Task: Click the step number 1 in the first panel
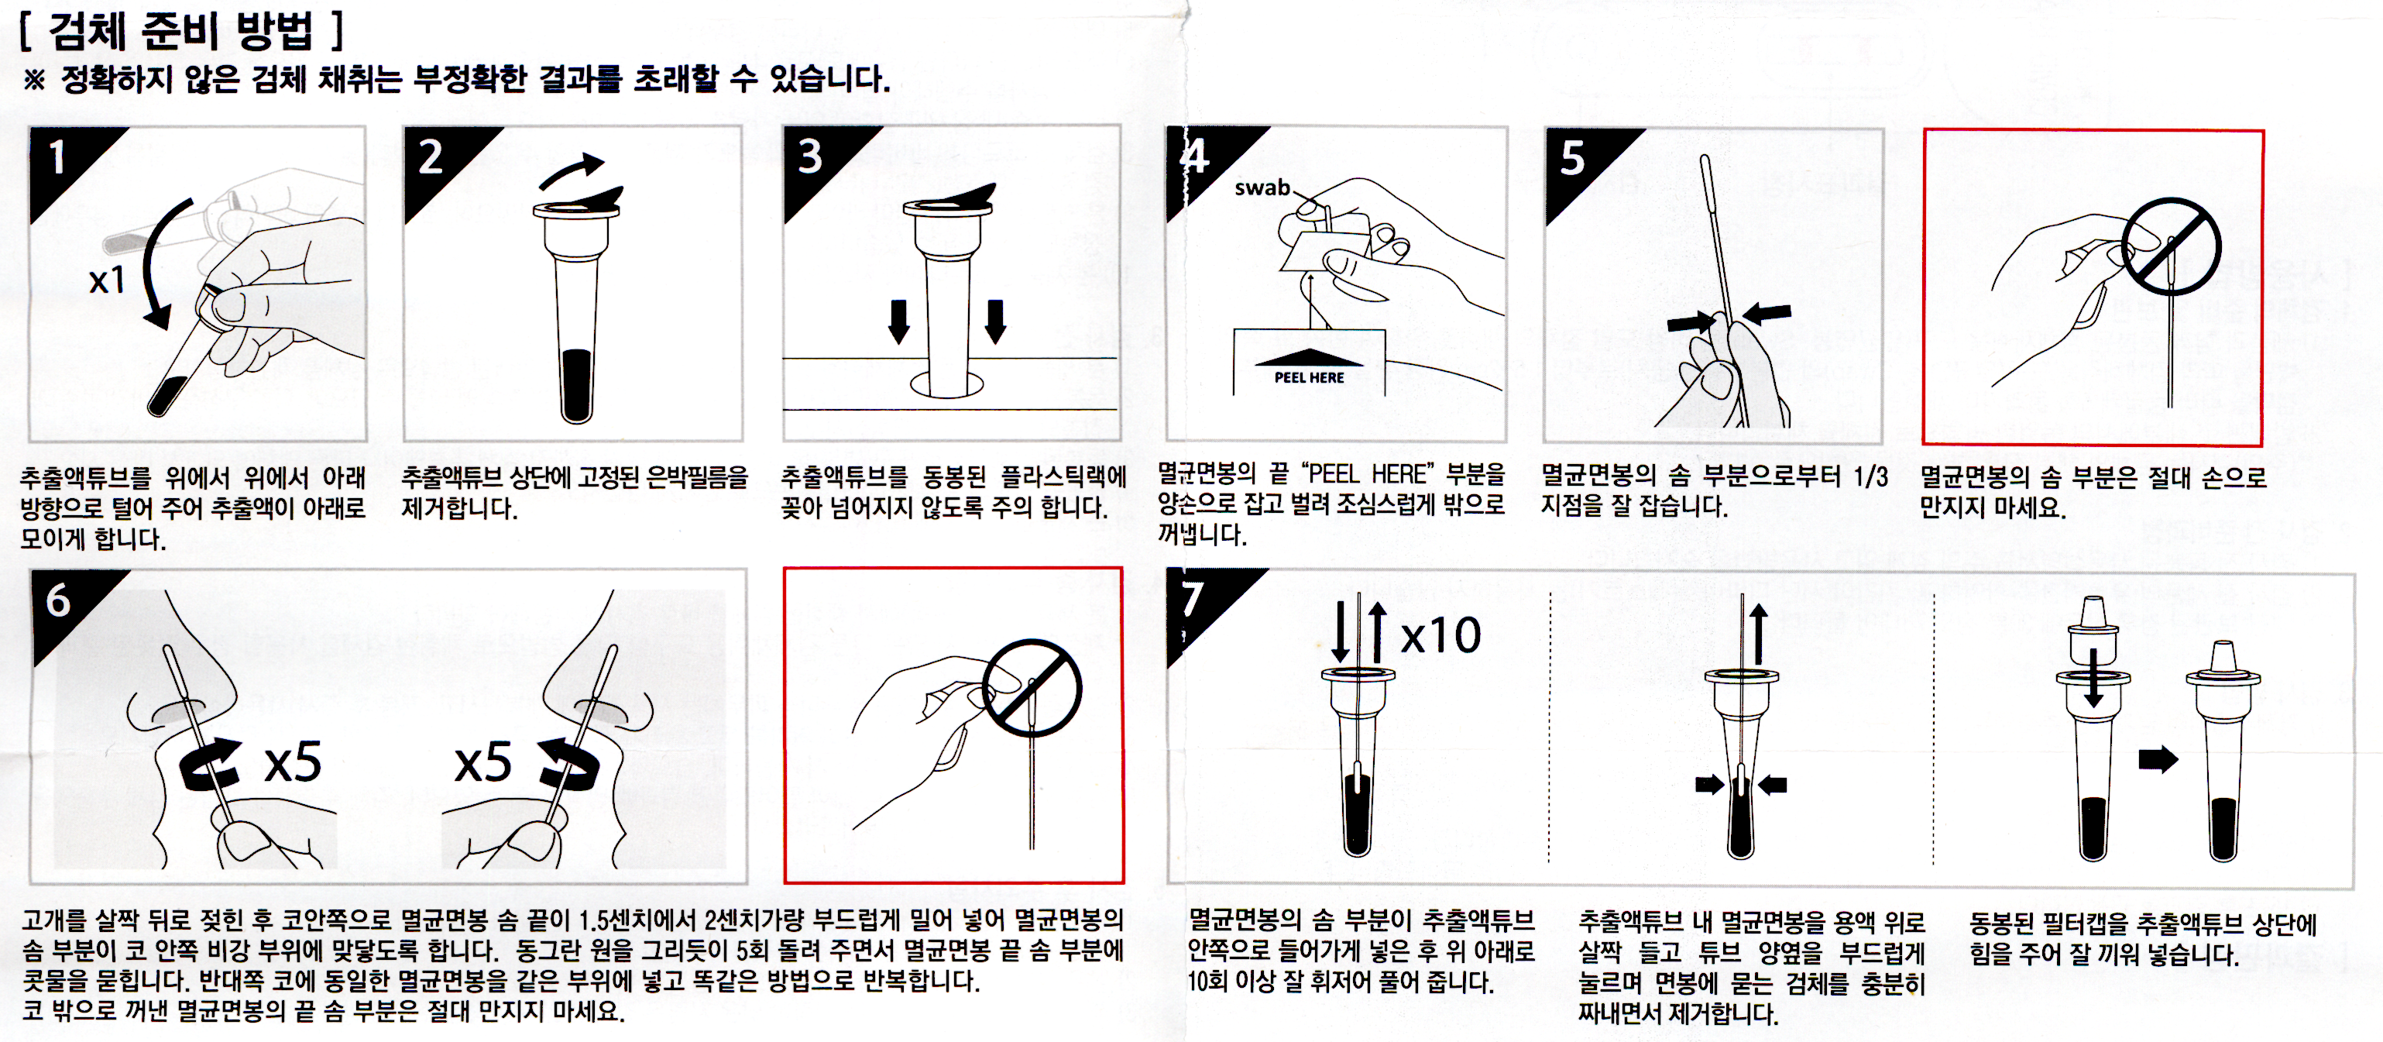(x=57, y=157)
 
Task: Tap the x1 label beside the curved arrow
(x=108, y=280)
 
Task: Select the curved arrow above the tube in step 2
(x=572, y=170)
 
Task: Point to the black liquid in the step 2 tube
(x=576, y=385)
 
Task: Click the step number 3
(x=810, y=157)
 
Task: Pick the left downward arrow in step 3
(x=898, y=321)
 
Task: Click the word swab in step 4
(x=1262, y=187)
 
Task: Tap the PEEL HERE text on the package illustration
(x=1309, y=377)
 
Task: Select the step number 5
(x=1573, y=158)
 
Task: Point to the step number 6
(x=58, y=601)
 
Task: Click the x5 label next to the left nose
(x=292, y=762)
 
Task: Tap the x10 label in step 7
(x=1440, y=636)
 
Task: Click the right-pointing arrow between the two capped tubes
(x=2158, y=760)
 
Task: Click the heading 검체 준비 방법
(x=181, y=32)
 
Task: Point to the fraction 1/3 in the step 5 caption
(x=1870, y=476)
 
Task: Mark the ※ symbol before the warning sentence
(x=34, y=80)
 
